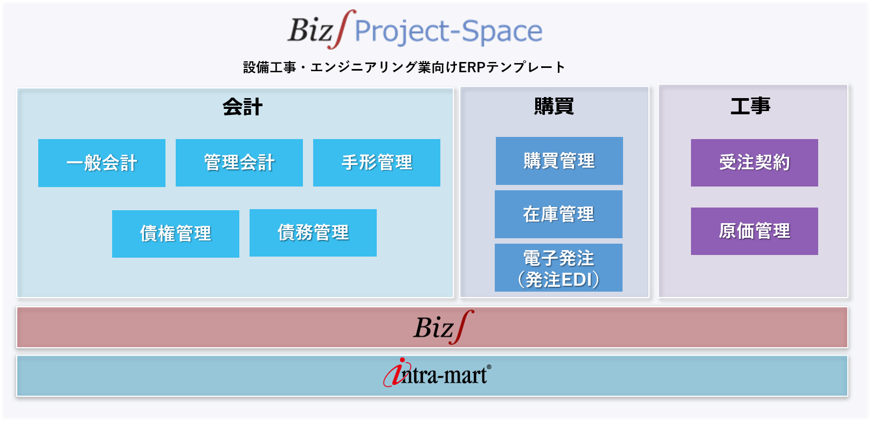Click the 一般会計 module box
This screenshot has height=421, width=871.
click(x=102, y=163)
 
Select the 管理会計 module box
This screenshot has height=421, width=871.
click(x=239, y=162)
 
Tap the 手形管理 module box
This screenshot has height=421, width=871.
click(x=377, y=162)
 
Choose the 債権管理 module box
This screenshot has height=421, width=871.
click(x=176, y=233)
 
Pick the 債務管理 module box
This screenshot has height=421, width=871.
click(x=313, y=233)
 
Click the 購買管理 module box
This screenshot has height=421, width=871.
click(x=559, y=161)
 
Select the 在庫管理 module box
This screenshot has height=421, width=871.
click(x=558, y=214)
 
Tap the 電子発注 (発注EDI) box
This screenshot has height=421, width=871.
click(x=558, y=267)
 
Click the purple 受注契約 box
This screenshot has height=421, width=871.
click(x=755, y=162)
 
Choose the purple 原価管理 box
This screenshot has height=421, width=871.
click(x=755, y=231)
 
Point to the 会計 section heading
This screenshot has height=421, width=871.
click(x=243, y=107)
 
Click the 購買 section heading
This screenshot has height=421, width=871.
click(x=554, y=106)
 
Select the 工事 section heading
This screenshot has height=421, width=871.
click(x=750, y=106)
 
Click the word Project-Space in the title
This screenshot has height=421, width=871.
click(x=449, y=31)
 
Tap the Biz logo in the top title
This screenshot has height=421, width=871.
click(x=316, y=30)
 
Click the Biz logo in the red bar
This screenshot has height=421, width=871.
click(x=444, y=327)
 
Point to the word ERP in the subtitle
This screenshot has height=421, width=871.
click(x=472, y=67)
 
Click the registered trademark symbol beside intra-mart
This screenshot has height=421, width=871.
click(x=489, y=367)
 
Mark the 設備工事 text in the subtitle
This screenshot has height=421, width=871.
click(x=269, y=67)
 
